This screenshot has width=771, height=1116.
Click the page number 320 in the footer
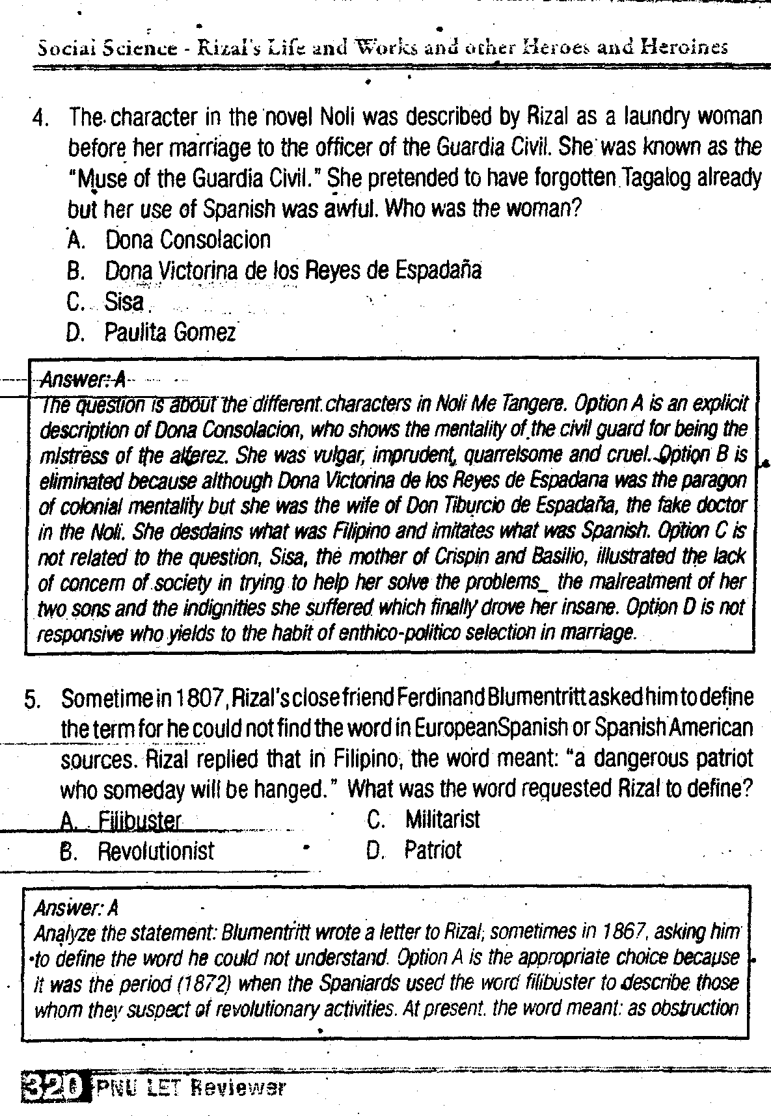point(53,1087)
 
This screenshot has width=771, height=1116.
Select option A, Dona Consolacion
point(187,240)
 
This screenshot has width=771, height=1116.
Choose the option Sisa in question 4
point(124,302)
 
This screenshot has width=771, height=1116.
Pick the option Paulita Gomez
point(170,333)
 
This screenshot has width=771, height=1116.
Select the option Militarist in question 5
point(442,819)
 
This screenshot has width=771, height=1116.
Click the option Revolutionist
point(156,851)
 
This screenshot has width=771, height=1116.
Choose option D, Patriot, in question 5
point(432,850)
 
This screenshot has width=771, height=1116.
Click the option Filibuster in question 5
point(139,821)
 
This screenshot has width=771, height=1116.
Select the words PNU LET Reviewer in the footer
point(191,1087)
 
